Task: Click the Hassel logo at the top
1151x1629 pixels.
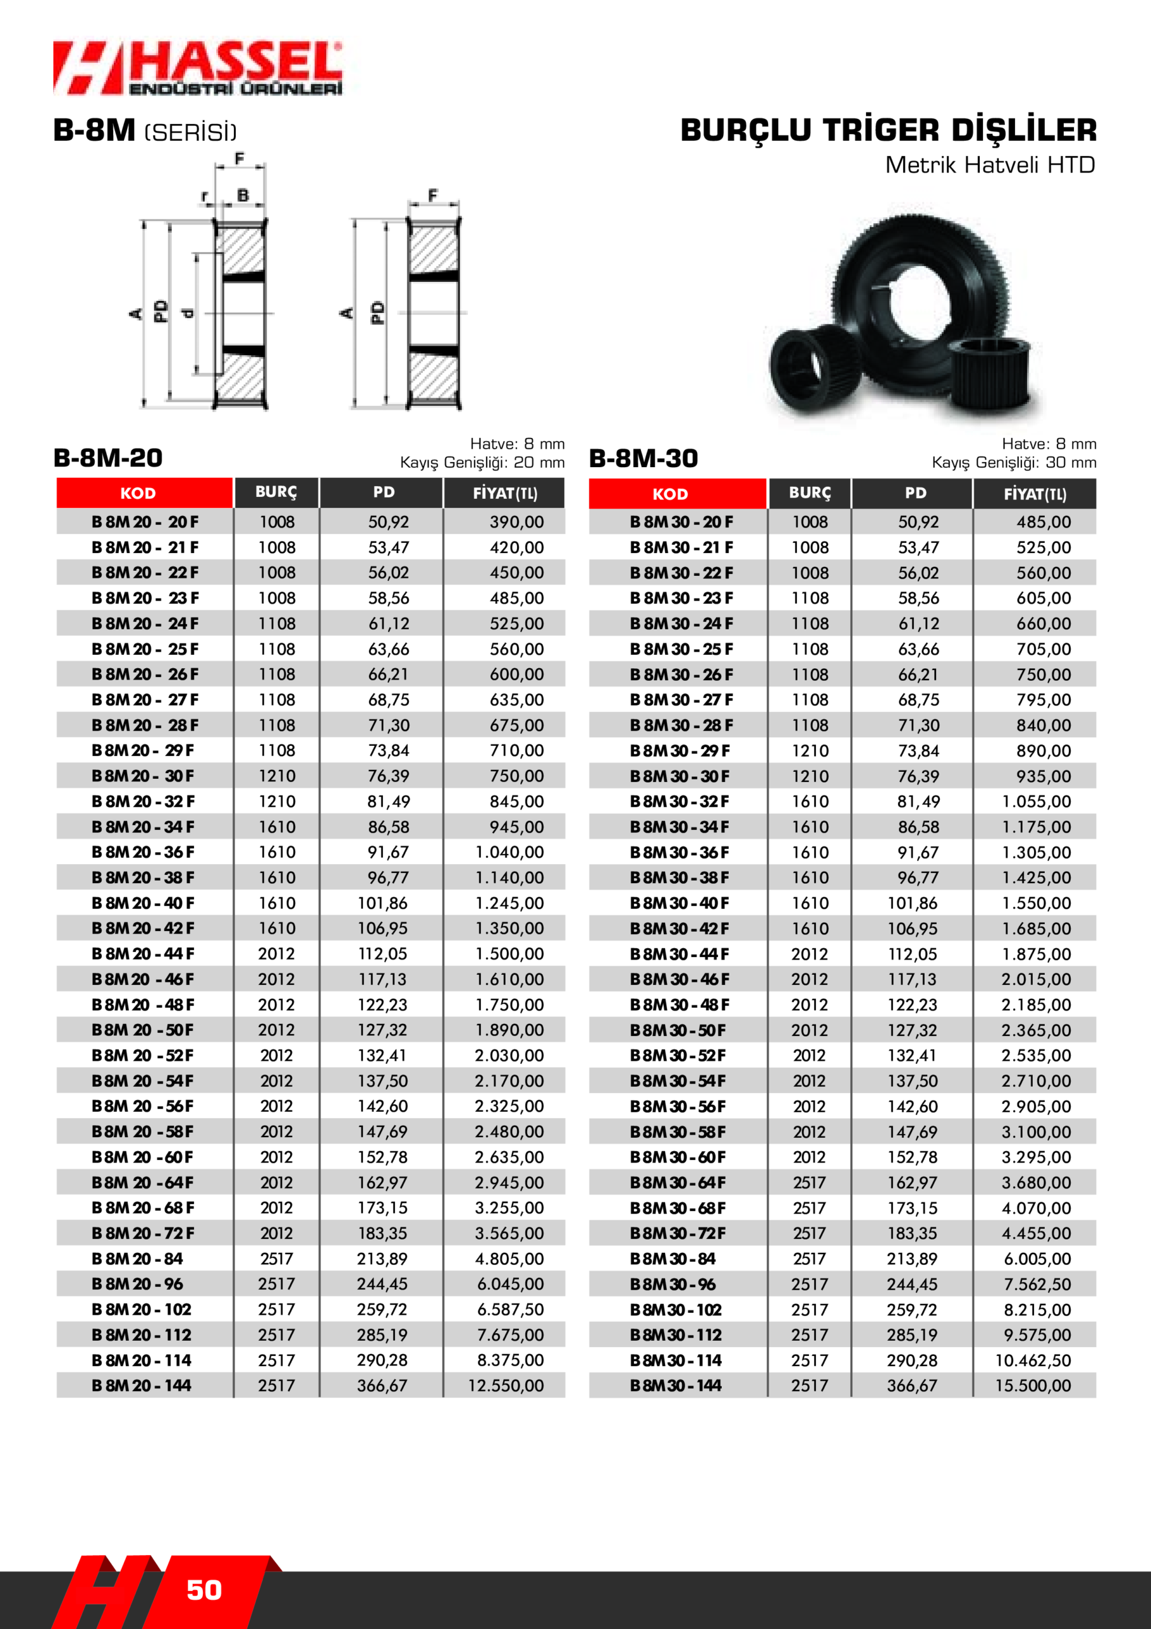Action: click(197, 68)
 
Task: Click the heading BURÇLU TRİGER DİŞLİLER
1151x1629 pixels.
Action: click(888, 130)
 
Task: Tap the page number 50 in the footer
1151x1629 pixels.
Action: click(203, 1590)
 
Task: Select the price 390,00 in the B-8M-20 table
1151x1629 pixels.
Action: click(516, 522)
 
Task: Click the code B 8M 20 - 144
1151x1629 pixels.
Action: click(141, 1386)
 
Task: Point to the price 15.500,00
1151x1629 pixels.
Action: click(1033, 1386)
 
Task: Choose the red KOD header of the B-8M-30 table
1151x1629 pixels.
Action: click(670, 494)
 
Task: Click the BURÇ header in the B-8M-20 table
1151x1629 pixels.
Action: click(276, 493)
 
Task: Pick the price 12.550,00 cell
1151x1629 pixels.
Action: click(506, 1386)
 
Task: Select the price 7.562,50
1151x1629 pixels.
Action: click(1037, 1284)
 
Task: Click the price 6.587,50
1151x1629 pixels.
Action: click(510, 1310)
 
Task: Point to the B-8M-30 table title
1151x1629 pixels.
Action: click(644, 458)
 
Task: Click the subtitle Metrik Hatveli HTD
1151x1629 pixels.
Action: click(990, 165)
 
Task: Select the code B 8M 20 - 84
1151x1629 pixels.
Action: click(137, 1259)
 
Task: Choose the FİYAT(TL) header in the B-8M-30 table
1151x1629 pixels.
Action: click(1034, 494)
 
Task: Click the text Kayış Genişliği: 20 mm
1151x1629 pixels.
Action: click(482, 463)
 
